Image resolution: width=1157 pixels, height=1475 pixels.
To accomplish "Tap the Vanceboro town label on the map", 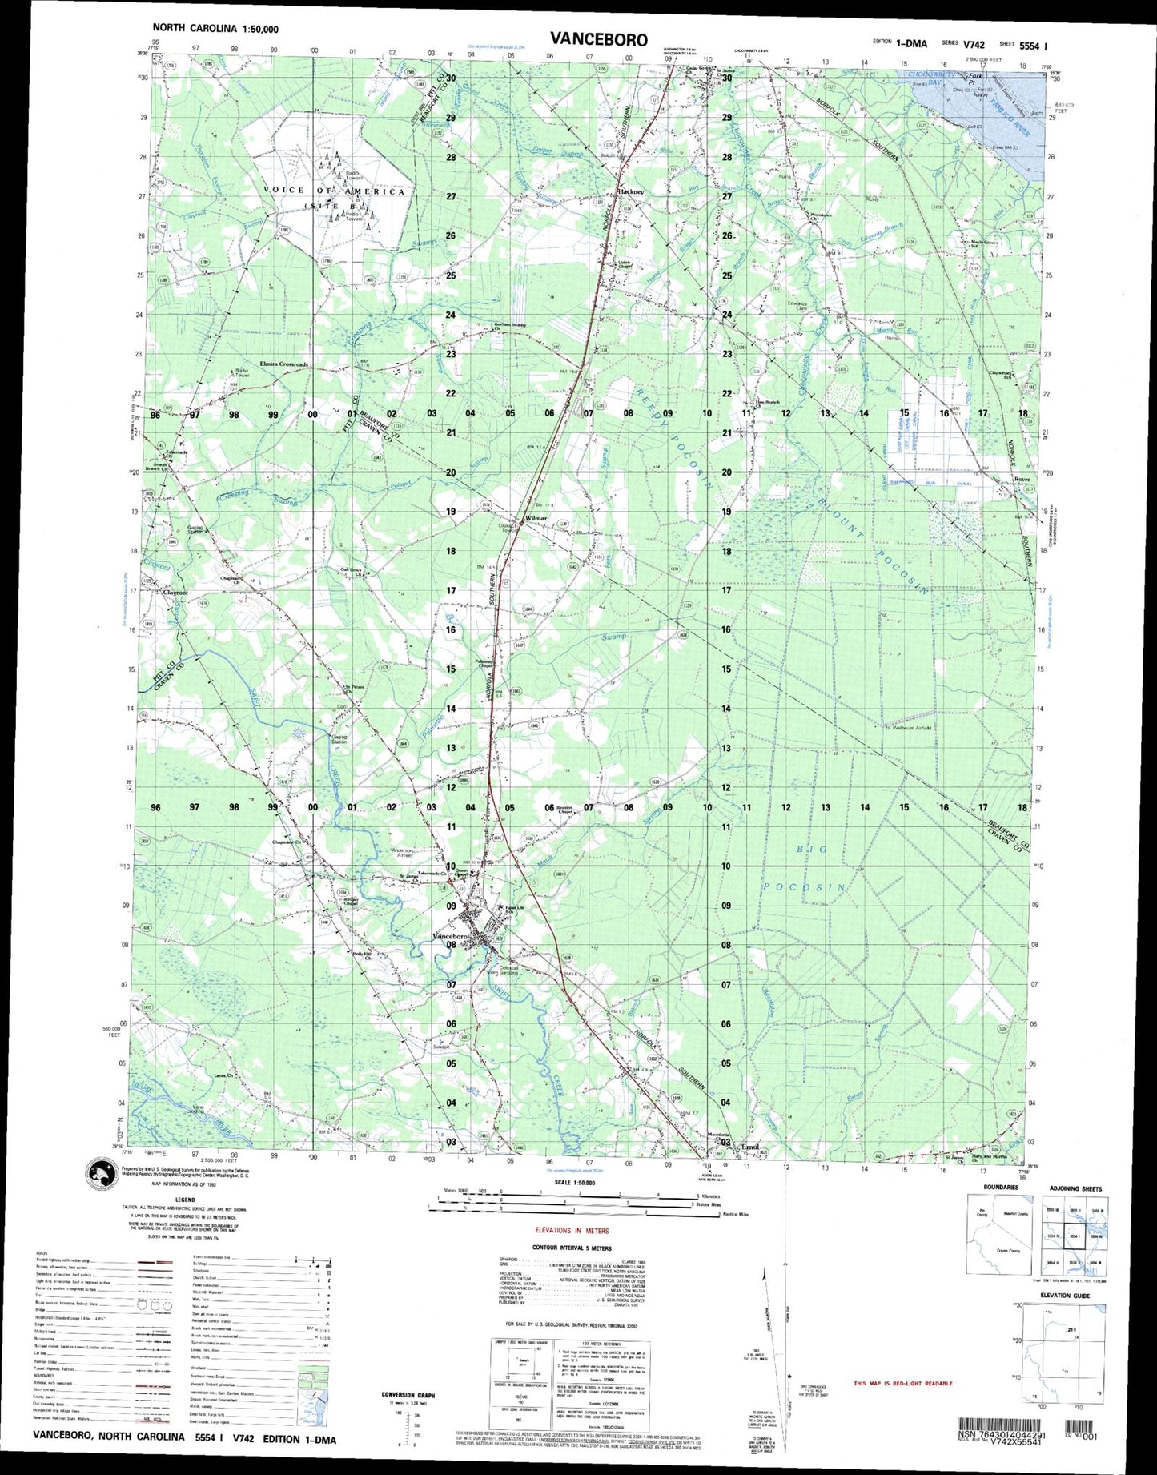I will [x=449, y=936].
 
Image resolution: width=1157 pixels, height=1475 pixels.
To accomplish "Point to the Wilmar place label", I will [x=534, y=519].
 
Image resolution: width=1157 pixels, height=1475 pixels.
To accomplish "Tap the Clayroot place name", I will [x=175, y=593].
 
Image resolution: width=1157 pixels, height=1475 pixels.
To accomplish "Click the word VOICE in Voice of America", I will [x=283, y=191].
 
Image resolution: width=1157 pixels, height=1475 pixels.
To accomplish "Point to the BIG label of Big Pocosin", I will [x=812, y=849].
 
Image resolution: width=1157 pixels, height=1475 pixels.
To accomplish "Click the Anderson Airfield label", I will [x=402, y=853].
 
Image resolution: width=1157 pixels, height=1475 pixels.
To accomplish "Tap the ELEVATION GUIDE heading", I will [x=1065, y=1295].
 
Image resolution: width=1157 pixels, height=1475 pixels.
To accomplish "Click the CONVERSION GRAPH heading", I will [x=408, y=1395].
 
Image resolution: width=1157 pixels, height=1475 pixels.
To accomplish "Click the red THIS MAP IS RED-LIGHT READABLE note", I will [x=902, y=1383].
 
